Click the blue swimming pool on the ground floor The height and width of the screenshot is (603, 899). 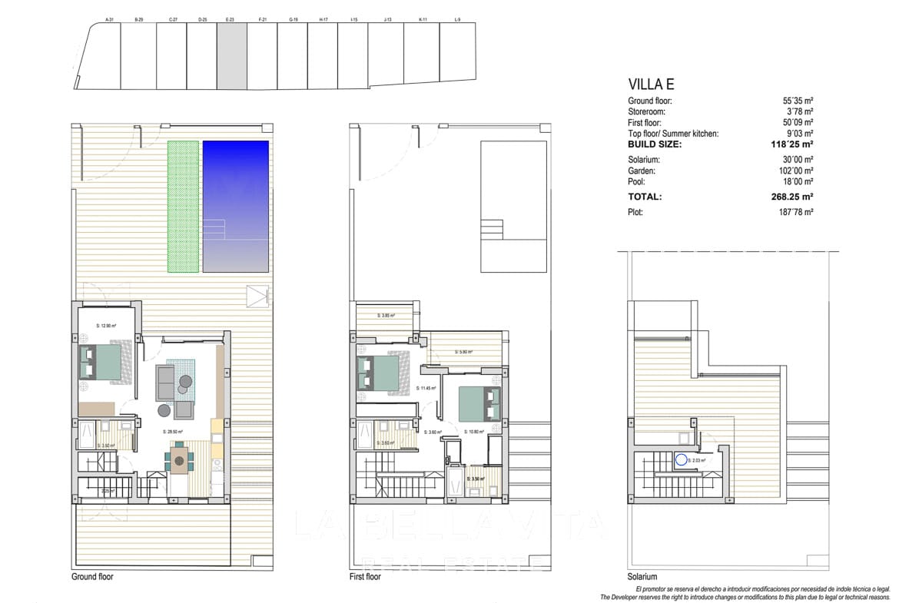[235, 206]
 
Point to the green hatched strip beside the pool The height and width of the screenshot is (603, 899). [183, 206]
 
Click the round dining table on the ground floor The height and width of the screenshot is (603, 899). [180, 462]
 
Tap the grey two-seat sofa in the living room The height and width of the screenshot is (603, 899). [165, 383]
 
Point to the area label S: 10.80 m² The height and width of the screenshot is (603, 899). [476, 432]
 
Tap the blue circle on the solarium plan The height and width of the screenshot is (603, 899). [681, 461]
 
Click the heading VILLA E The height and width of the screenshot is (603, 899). [651, 84]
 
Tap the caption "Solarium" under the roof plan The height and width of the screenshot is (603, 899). [642, 577]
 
